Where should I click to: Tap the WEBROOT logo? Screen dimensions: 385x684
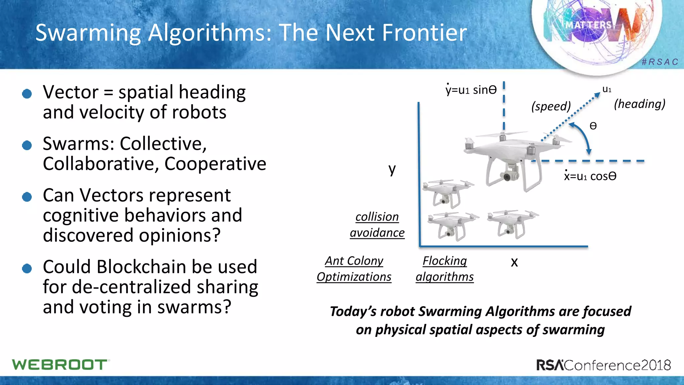point(60,365)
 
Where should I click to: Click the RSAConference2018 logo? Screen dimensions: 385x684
point(604,365)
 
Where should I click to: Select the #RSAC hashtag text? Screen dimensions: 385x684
point(660,62)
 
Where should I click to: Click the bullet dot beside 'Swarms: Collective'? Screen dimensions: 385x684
point(27,145)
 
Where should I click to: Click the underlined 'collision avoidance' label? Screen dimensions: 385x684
point(377,225)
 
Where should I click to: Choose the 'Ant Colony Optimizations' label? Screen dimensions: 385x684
point(354,269)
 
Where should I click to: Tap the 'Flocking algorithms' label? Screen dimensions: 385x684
point(445,269)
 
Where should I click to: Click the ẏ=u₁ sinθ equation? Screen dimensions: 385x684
point(471,90)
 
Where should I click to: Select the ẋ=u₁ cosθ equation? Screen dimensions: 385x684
point(590,176)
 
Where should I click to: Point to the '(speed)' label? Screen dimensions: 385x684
point(551,106)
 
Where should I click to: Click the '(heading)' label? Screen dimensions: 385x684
point(640,104)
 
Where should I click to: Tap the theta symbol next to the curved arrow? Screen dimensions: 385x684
point(593,126)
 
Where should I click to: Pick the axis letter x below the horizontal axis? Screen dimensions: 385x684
point(514,262)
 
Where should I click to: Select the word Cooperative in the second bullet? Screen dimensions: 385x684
point(215,164)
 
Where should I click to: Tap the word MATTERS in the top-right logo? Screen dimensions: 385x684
point(588,25)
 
